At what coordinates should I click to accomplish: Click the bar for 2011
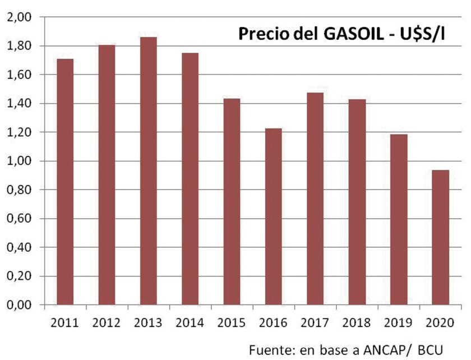(65, 182)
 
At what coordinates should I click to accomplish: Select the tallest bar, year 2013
(148, 171)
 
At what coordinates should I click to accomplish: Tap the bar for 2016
(273, 216)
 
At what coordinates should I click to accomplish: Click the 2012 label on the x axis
(107, 323)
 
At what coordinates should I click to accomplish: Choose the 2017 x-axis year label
(315, 323)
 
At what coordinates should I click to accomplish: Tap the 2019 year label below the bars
(399, 323)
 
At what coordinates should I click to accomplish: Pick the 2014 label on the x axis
(190, 323)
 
